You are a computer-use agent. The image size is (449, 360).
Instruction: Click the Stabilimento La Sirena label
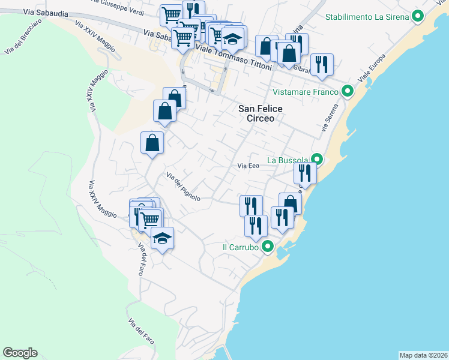[x=367, y=17]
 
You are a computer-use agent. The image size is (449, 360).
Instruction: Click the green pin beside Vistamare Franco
[x=347, y=92]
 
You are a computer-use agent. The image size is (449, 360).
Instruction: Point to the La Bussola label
[x=288, y=160]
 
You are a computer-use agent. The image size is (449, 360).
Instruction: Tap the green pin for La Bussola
[x=317, y=160]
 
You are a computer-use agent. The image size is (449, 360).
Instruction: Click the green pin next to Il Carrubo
[x=268, y=247]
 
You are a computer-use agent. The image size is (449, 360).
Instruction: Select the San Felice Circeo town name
[x=256, y=113]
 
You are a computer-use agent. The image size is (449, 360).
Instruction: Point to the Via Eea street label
[x=248, y=166]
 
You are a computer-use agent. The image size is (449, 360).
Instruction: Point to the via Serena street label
[x=328, y=119]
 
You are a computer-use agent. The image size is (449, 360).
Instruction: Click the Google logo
[x=20, y=353]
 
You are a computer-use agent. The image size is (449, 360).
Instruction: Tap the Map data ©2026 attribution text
[x=423, y=355]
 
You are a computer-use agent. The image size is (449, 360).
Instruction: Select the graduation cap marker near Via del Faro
[x=162, y=238]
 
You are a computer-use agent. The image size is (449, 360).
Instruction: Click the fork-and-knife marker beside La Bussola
[x=305, y=173]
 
